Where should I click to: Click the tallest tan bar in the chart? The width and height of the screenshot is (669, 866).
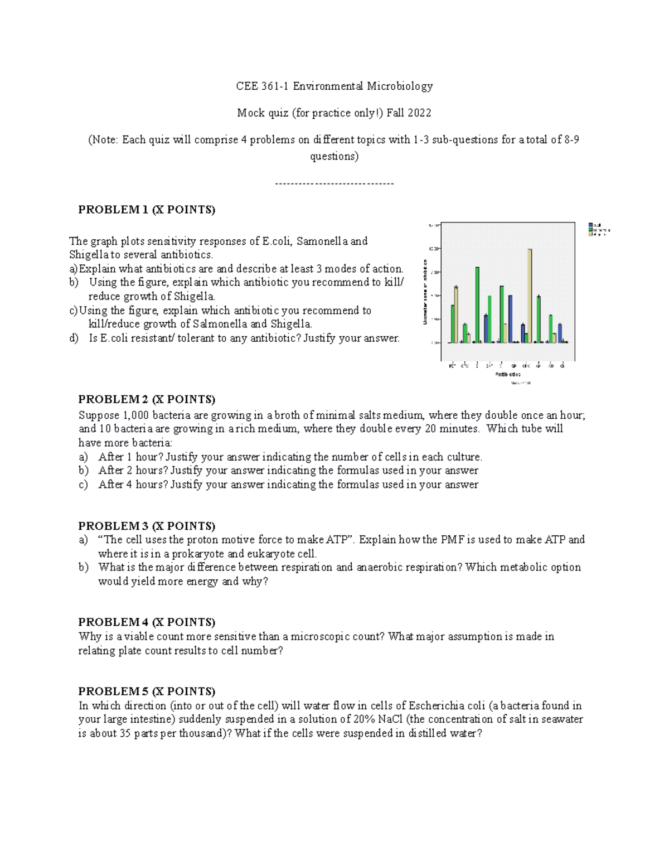[530, 296]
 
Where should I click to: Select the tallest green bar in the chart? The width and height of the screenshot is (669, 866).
[477, 304]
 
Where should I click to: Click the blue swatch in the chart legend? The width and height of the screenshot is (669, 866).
[590, 225]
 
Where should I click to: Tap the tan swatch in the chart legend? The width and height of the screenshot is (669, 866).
[590, 235]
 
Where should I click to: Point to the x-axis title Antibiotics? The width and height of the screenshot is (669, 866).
[508, 375]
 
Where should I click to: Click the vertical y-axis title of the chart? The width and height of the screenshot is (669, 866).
[425, 291]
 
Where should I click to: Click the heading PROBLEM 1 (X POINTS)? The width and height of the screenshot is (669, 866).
[147, 210]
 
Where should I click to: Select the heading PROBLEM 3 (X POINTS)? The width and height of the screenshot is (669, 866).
[147, 526]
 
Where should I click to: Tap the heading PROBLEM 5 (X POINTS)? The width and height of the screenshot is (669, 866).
[147, 691]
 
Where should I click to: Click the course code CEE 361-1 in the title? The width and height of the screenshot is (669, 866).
[262, 86]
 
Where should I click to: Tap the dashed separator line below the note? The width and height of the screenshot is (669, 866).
[334, 183]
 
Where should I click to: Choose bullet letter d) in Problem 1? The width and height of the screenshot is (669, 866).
[74, 338]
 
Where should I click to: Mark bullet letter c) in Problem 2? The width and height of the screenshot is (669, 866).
[83, 485]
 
